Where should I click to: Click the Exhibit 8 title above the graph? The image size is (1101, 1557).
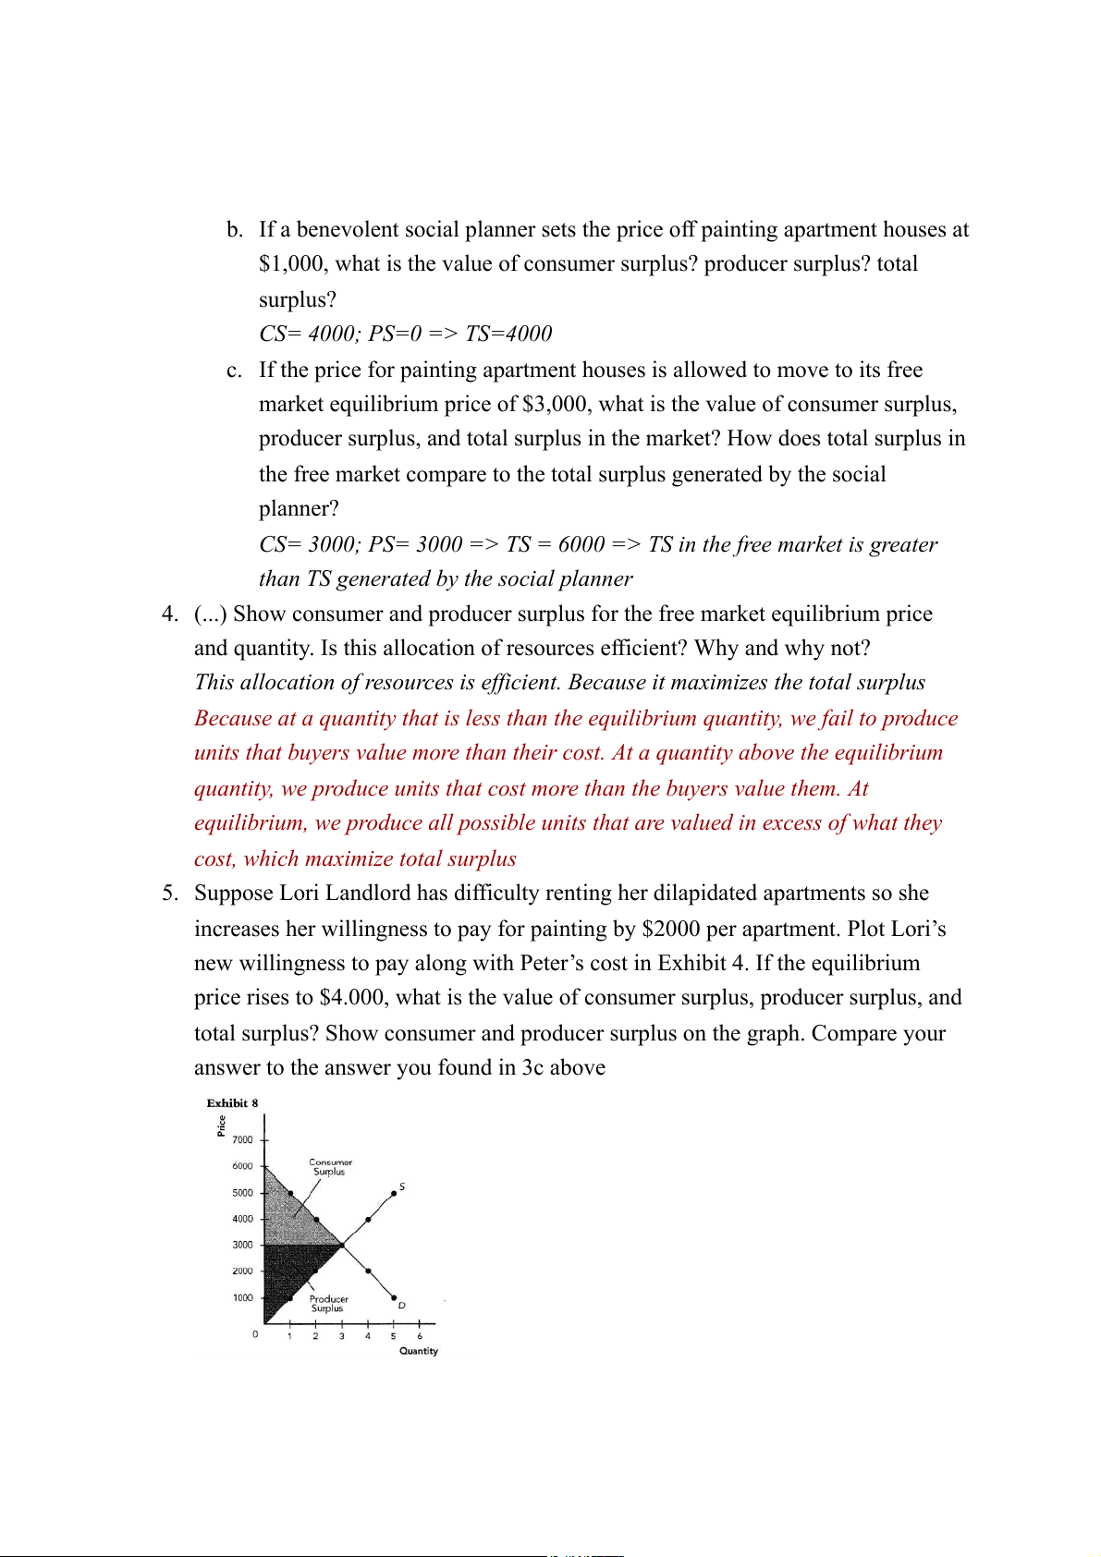pos(232,1102)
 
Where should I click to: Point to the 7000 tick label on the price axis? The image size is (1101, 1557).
pos(242,1140)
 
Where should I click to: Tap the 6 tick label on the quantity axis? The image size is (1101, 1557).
pos(420,1336)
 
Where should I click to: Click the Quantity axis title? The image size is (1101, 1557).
pos(418,1351)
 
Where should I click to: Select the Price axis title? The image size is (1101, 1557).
pos(222,1125)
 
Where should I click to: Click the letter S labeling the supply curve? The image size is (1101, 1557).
pos(402,1186)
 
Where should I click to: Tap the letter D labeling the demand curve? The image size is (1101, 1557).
pos(402,1306)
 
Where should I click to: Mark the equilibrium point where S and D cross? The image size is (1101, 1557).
pos(342,1246)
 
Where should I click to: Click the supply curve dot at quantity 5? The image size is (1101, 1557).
pos(394,1193)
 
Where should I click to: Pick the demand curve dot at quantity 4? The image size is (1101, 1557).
pos(368,1271)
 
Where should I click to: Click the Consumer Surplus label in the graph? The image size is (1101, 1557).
pos(330,1167)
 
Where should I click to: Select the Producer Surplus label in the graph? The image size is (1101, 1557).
pos(328,1303)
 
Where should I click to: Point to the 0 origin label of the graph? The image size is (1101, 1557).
pos(255,1334)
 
